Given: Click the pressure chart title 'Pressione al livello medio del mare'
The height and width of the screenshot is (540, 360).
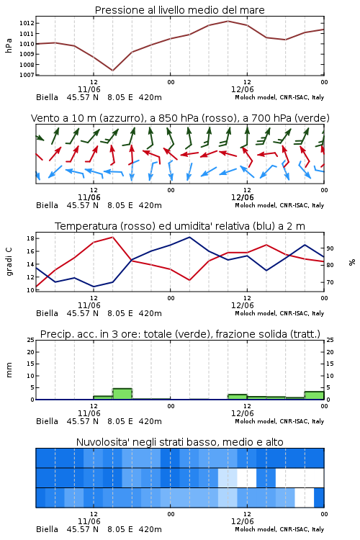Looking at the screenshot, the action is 179,10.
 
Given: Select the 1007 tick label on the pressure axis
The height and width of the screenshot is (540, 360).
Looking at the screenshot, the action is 27,75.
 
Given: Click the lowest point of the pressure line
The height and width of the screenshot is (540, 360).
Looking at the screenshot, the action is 112,71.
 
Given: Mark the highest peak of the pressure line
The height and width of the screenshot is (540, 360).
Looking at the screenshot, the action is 228,21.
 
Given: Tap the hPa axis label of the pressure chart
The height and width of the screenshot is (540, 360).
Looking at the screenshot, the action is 9,45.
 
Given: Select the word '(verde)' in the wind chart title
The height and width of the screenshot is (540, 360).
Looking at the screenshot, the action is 315,118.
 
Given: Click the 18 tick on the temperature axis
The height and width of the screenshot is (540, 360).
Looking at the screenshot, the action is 30,238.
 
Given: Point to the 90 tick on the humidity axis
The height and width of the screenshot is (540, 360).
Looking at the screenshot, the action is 330,248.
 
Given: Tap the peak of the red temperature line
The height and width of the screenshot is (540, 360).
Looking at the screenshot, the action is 112,237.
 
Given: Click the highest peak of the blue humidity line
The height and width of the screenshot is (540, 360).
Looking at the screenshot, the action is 189,237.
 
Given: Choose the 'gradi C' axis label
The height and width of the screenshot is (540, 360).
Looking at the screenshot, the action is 9,261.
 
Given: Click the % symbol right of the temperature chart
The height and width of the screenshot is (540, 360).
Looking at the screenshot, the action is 352,262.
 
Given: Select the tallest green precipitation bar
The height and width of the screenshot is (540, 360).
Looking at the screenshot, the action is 122,394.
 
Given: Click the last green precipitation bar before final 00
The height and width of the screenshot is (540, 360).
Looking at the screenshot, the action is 314,395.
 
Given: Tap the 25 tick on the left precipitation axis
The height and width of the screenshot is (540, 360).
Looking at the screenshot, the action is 30,340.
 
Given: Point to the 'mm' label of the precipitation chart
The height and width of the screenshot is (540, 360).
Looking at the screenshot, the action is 9,369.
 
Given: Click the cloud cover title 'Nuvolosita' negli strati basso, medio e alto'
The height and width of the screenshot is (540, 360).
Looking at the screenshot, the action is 179,442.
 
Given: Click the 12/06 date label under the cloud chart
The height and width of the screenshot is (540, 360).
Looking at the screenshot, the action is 242,521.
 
